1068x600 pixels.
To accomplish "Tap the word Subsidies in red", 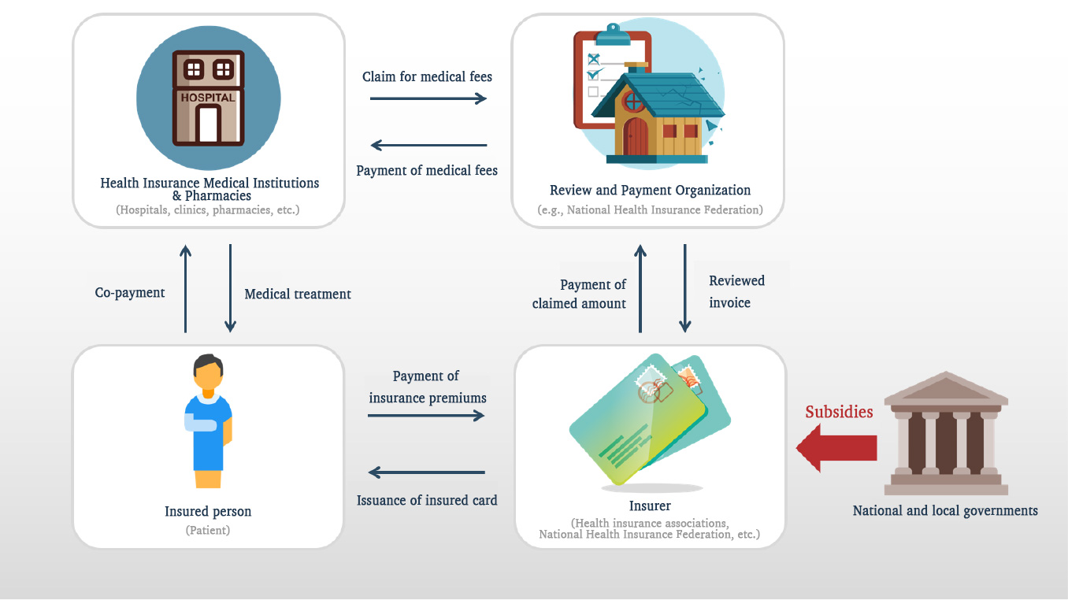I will click(839, 412).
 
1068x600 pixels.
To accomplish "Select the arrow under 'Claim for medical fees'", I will click(428, 98).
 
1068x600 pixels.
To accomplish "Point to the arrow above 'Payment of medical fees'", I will click(428, 145).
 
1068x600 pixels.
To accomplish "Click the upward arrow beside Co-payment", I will click(185, 287).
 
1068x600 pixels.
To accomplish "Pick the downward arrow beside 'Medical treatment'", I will click(231, 287).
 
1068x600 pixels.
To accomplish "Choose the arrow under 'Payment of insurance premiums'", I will click(426, 415).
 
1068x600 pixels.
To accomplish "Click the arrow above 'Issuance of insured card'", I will click(426, 472).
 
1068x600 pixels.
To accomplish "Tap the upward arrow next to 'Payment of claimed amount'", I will click(640, 287).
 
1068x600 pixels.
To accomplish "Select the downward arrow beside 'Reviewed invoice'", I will click(685, 287).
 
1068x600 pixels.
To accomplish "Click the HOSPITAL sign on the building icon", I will click(208, 98).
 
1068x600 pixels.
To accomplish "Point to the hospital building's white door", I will click(208, 124).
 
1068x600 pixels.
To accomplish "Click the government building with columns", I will click(945, 433).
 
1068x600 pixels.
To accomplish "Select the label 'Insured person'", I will click(208, 511).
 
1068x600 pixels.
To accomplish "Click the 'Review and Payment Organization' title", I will click(650, 190).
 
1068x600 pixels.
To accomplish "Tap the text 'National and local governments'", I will click(945, 510).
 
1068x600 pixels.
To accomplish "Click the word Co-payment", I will click(129, 293).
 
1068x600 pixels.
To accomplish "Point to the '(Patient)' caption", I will click(208, 530).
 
